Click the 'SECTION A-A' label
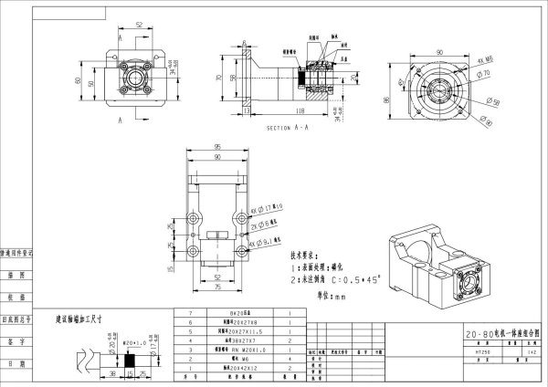pyautogui.click(x=287, y=129)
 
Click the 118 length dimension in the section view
pyautogui.click(x=300, y=110)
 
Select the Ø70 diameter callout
pyautogui.click(x=486, y=71)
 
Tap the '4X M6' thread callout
pyautogui.click(x=488, y=60)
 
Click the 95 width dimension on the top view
pyautogui.click(x=216, y=146)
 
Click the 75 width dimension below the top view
pyautogui.click(x=216, y=287)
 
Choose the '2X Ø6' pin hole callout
pyautogui.click(x=270, y=225)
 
